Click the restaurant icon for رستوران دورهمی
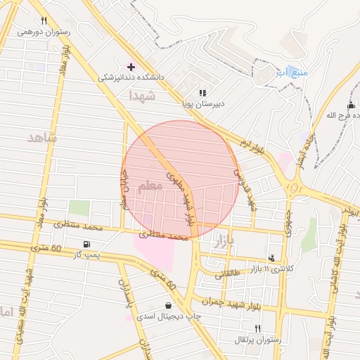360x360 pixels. coord(44,20)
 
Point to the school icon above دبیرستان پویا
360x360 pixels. coord(202,92)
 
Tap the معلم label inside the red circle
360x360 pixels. coord(149,186)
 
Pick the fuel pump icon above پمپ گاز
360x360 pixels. coord(86,245)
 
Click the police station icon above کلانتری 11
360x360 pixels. coord(272,258)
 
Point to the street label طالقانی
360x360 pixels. coord(227,275)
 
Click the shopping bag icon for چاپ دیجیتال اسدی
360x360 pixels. coord(169,305)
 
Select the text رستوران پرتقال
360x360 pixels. coord(258,340)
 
